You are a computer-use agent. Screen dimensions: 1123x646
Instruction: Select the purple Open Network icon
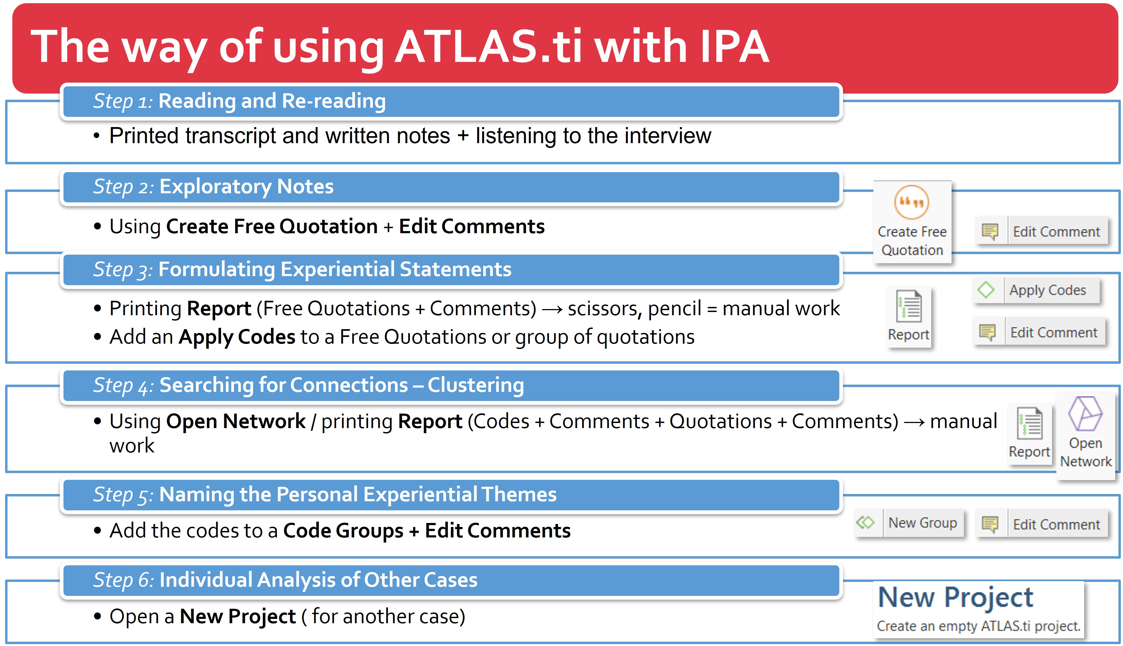(x=1085, y=414)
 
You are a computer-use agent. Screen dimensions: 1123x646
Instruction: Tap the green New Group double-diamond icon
(x=865, y=523)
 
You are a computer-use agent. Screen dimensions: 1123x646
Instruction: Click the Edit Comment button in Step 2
(x=1042, y=231)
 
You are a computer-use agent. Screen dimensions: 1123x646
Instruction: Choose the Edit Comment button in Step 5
(x=1042, y=524)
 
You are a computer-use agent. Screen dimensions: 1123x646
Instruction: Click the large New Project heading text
(x=955, y=598)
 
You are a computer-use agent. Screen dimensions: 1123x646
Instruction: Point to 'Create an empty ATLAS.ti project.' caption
(x=978, y=626)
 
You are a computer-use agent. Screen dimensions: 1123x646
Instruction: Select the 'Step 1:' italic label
(x=123, y=101)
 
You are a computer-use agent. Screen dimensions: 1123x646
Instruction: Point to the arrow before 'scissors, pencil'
(x=552, y=309)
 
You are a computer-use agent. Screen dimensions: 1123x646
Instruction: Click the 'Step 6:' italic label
(x=123, y=580)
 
